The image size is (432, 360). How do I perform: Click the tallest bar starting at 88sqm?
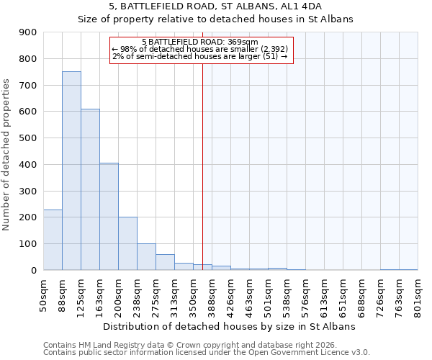71,171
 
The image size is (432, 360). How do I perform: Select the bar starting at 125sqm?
90,189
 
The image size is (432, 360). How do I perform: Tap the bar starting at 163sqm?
109,216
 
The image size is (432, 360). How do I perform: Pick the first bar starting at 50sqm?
53,240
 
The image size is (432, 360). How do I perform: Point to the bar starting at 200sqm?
127,243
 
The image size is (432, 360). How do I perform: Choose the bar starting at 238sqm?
146,256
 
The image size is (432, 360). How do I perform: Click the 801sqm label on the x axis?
418,295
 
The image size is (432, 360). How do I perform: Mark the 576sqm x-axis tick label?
306,295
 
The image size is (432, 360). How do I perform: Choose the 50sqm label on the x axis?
44,294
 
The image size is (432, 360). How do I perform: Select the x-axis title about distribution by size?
230,326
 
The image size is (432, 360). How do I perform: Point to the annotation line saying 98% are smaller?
199,49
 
